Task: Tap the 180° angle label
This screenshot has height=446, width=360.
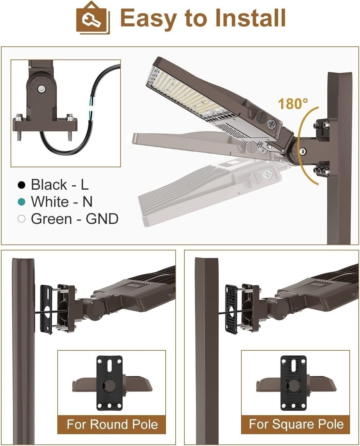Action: [293, 104]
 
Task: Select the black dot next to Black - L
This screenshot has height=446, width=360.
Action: [21, 185]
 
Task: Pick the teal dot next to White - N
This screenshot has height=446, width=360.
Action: [21, 202]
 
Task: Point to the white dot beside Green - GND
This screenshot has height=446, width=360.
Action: [21, 219]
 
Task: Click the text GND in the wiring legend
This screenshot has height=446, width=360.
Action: [102, 219]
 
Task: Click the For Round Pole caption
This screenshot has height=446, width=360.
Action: [112, 424]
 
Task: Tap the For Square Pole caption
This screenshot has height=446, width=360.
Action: [296, 424]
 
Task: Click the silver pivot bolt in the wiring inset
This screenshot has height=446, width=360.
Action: [41, 89]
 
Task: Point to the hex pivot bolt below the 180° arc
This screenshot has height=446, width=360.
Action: [303, 150]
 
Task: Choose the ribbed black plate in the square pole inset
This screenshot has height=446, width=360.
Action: [293, 383]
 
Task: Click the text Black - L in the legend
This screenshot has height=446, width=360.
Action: [60, 185]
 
